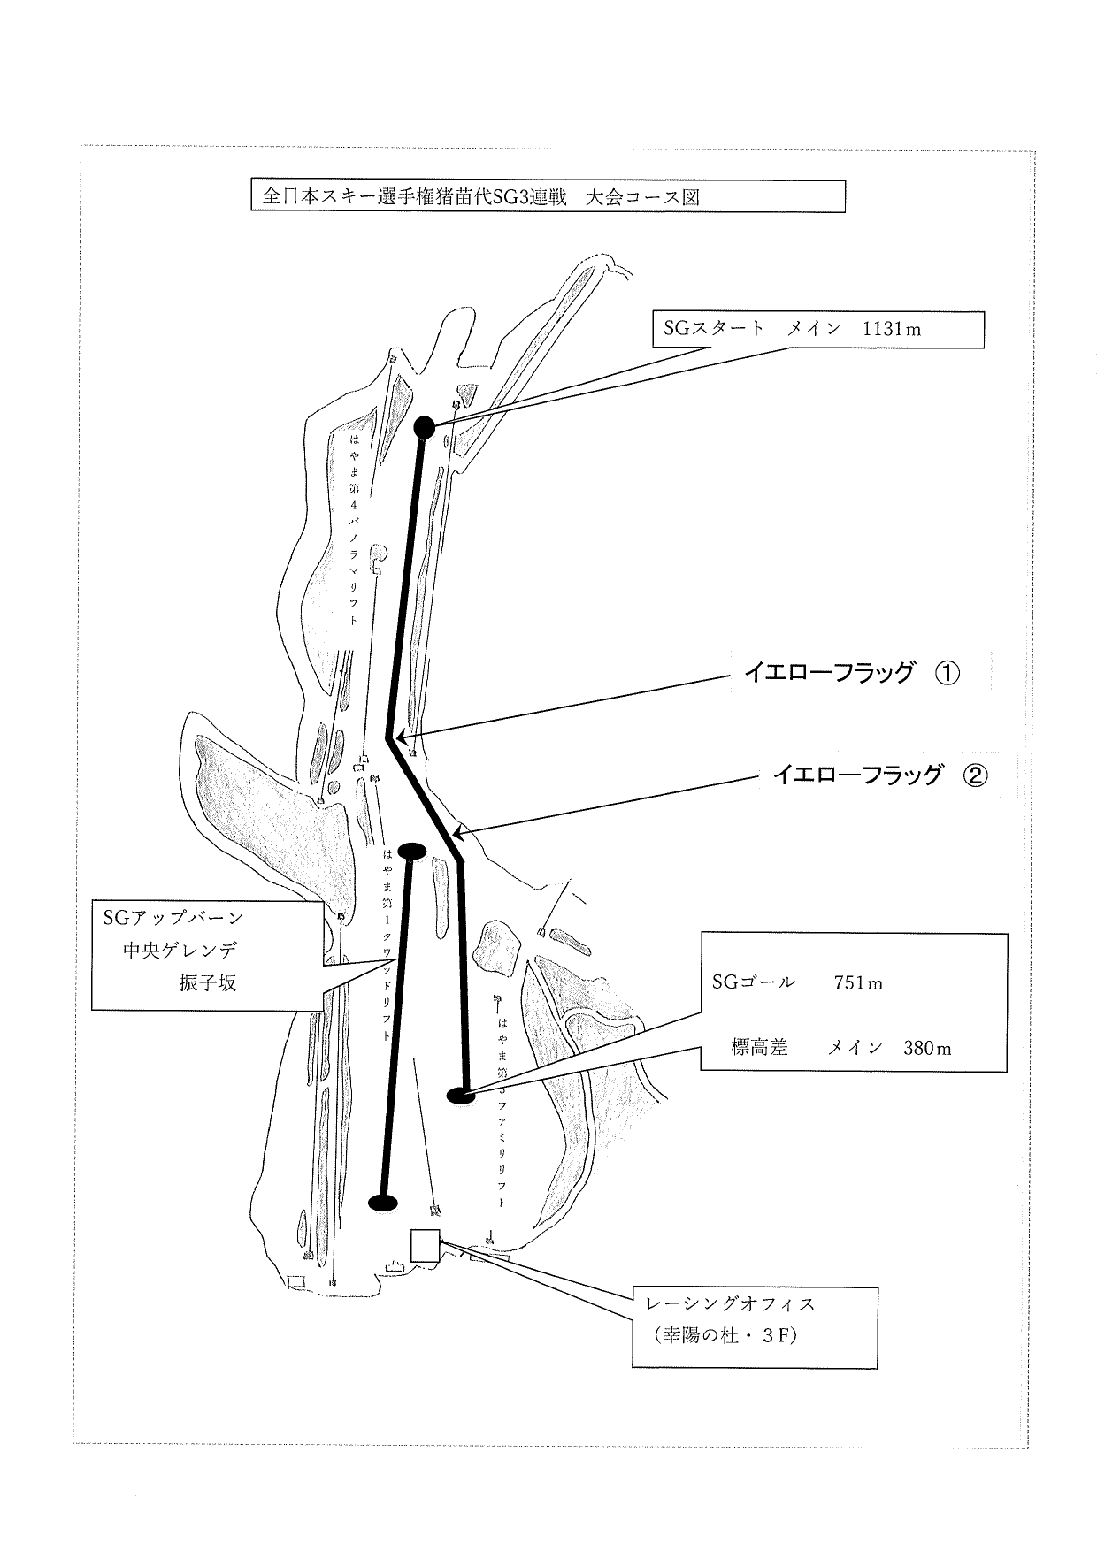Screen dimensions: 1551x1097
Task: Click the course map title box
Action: pyautogui.click(x=548, y=196)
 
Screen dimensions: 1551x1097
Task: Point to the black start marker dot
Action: pyautogui.click(x=424, y=427)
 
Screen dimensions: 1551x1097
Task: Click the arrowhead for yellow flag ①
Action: pyautogui.click(x=400, y=735)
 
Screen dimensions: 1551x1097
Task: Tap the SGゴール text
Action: pyautogui.click(x=753, y=982)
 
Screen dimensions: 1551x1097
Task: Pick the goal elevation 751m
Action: pyautogui.click(x=857, y=982)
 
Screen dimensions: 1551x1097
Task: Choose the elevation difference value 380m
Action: pyautogui.click(x=927, y=1049)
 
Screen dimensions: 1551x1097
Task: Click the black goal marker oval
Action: pyautogui.click(x=461, y=1096)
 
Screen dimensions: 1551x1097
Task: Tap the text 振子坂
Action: pyautogui.click(x=208, y=982)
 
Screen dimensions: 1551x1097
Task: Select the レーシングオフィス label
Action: pyautogui.click(x=731, y=1303)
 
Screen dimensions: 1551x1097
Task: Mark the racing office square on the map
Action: pyautogui.click(x=425, y=1245)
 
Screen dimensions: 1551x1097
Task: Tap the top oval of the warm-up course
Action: pyautogui.click(x=412, y=851)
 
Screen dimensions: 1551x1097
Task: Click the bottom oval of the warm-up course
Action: pyautogui.click(x=382, y=1202)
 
